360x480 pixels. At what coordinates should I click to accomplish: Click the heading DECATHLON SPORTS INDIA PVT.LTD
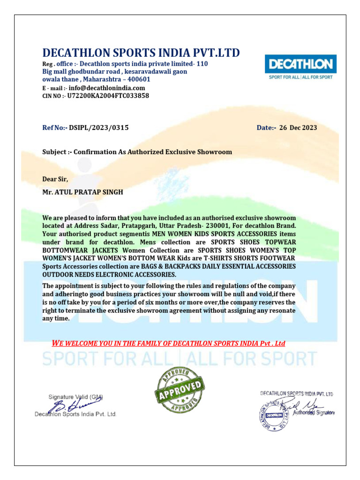click(x=141, y=52)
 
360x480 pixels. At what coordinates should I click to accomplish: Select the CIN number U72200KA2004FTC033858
click(x=108, y=96)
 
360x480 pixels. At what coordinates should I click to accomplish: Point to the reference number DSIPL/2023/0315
click(x=99, y=127)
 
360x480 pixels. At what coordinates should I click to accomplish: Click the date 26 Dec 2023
click(x=298, y=127)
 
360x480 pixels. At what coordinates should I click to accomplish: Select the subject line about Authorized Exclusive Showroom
click(x=137, y=152)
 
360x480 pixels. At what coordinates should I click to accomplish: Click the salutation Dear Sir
click(x=55, y=179)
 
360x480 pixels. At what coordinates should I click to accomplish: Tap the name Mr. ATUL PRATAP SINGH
click(x=82, y=193)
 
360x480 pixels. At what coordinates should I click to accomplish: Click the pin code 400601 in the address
click(x=136, y=79)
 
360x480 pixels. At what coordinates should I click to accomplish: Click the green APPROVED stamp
click(x=180, y=386)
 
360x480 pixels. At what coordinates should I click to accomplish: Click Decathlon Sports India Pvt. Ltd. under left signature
click(x=75, y=414)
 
